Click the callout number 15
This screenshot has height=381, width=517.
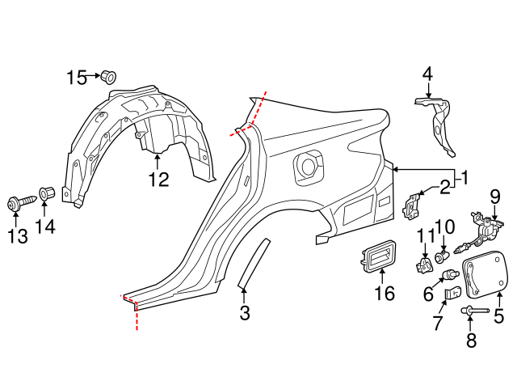pyautogui.click(x=76, y=78)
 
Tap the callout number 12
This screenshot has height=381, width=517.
pyautogui.click(x=158, y=180)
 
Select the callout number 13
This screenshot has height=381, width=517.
pyautogui.click(x=17, y=235)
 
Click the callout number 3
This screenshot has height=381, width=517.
pyautogui.click(x=245, y=313)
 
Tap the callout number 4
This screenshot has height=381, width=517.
pyautogui.click(x=427, y=74)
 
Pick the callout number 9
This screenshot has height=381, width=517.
pyautogui.click(x=496, y=196)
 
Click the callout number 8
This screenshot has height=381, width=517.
pyautogui.click(x=471, y=341)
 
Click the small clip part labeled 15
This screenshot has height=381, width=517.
pyautogui.click(x=107, y=77)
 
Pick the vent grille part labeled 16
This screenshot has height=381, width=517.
pyautogui.click(x=376, y=258)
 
